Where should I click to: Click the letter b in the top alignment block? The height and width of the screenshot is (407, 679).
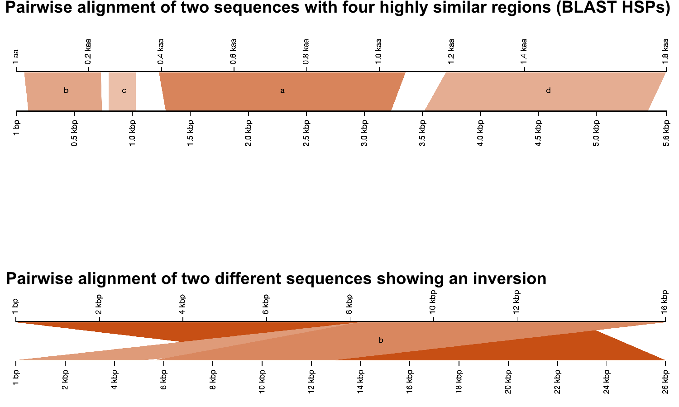click(66, 90)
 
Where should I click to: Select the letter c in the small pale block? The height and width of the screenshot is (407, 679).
click(124, 91)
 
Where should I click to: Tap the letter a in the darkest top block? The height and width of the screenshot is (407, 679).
click(282, 91)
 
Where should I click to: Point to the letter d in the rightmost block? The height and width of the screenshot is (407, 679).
click(548, 90)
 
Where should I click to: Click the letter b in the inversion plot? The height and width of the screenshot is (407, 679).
click(381, 340)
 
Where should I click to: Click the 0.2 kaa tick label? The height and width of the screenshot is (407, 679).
click(88, 52)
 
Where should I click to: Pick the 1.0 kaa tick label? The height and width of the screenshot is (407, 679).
click(378, 52)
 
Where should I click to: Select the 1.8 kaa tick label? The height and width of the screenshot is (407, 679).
click(665, 52)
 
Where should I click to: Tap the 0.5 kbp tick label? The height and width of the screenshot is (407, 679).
click(74, 133)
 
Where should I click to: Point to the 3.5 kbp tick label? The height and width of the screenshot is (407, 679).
click(422, 133)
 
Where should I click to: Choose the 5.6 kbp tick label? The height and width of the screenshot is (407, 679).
click(666, 133)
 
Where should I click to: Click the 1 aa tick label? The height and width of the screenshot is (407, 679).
click(16, 57)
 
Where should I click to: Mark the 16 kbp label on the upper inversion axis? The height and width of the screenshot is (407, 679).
click(665, 302)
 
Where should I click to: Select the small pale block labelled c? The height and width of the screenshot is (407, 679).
click(122, 91)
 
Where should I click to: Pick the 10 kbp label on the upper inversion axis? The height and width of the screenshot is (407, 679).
click(433, 302)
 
